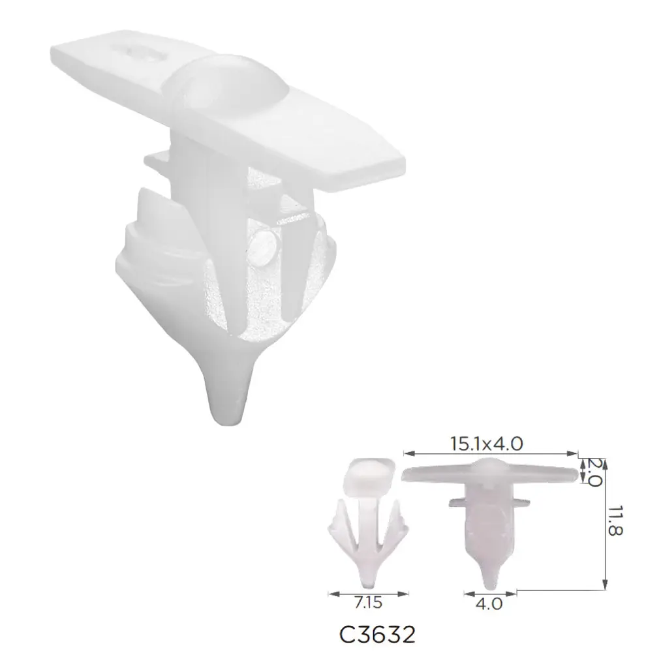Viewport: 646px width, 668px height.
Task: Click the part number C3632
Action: point(377,635)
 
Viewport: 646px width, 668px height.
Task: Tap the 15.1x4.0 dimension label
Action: point(487,444)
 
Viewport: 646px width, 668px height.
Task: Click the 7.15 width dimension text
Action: point(368,603)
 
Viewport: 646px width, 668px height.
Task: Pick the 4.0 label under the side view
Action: point(489,603)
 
